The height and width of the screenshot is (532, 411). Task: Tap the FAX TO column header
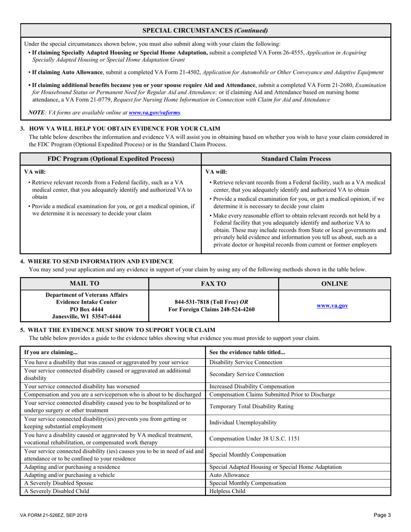click(213, 284)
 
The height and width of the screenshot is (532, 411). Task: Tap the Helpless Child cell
click(226, 491)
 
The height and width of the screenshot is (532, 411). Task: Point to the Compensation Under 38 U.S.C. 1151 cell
click(254, 438)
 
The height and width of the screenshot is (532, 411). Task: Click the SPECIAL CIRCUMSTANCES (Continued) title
click(205, 30)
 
